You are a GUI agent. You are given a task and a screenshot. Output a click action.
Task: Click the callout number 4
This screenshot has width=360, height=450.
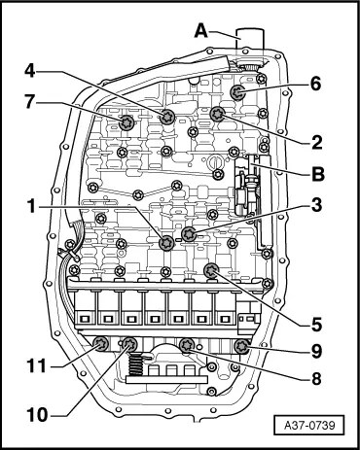30,72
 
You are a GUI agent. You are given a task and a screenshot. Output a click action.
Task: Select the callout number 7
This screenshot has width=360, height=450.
30,102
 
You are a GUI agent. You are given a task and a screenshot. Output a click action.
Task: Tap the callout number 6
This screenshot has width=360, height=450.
315,84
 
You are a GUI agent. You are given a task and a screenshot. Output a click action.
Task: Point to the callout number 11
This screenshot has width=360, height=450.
37,366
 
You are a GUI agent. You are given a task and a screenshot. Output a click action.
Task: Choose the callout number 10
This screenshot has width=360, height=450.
37,414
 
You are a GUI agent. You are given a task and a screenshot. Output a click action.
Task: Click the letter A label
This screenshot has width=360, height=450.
201,31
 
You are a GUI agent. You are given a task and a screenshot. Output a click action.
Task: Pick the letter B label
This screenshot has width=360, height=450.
318,174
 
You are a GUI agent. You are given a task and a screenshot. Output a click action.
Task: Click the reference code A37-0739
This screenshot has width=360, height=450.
309,425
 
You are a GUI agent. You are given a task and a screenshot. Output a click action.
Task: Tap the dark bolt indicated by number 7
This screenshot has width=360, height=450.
126,122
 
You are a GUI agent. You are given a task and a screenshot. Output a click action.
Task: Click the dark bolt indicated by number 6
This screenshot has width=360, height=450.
237,93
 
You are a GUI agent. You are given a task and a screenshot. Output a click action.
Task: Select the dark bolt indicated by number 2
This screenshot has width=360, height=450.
217,114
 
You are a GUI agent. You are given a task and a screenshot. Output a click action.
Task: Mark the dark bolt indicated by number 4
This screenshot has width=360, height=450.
167,117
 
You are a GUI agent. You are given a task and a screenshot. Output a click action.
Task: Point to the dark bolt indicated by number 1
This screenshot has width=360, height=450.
167,243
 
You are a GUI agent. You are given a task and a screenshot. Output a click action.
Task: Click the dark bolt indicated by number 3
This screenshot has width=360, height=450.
189,234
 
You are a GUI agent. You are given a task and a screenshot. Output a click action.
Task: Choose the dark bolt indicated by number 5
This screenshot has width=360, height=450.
211,270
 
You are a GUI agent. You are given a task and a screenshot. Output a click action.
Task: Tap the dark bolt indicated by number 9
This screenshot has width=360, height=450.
241,347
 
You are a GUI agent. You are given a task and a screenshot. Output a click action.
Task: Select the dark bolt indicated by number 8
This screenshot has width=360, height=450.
187,345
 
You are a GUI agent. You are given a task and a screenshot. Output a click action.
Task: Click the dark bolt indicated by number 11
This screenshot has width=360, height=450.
100,344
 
